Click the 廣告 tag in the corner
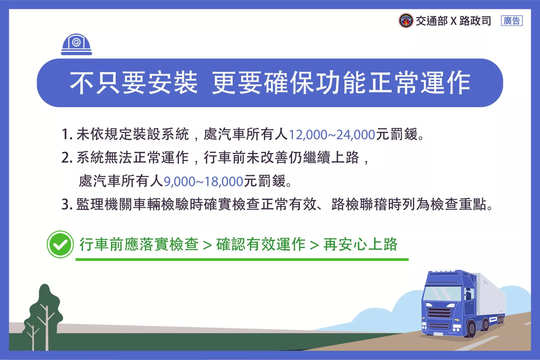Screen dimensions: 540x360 point(512,21)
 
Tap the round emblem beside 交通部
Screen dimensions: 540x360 point(406,21)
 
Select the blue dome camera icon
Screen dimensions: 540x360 point(76,44)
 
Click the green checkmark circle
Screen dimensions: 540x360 point(60,244)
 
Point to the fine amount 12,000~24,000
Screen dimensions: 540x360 point(332,135)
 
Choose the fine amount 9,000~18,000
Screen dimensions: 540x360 point(203,182)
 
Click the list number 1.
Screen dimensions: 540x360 point(66,135)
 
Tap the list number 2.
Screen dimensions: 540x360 point(66,158)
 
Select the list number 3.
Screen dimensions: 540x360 point(66,204)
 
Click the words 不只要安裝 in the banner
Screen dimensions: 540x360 point(134,83)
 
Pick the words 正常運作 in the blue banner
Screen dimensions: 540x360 point(420,83)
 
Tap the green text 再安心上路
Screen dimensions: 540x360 point(360,244)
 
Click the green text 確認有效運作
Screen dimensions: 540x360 point(261,244)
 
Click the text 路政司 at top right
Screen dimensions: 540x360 point(475,21)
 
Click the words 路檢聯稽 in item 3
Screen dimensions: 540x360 point(359,204)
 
